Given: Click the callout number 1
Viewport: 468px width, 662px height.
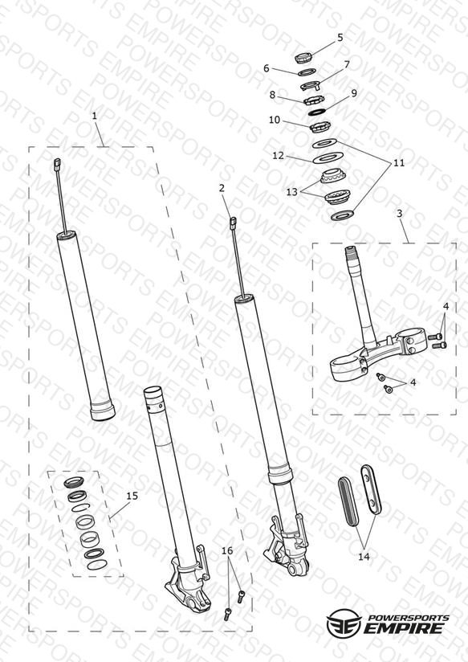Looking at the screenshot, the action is [x=95, y=116].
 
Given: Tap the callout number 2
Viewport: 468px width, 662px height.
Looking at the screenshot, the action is [x=222, y=188].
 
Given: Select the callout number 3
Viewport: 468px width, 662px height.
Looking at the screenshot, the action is [x=400, y=213].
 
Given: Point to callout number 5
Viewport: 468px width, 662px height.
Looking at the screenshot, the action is [x=340, y=38].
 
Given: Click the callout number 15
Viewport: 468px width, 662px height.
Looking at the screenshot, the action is [x=132, y=496].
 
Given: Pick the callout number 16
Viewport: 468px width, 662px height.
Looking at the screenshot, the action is [x=227, y=550].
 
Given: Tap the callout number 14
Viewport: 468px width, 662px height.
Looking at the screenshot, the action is [x=364, y=557].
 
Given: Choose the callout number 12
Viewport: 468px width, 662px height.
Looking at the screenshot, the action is [x=278, y=156].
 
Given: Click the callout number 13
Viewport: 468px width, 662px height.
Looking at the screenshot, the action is [x=292, y=192].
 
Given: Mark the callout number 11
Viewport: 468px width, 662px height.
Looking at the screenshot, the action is [x=399, y=163].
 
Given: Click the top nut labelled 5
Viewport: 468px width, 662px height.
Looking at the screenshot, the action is [x=303, y=57].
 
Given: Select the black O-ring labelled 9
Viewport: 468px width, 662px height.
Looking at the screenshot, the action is [x=317, y=112].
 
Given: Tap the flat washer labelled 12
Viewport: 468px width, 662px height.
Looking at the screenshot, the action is [x=328, y=158].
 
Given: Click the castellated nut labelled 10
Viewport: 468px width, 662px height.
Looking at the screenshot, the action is [x=320, y=126].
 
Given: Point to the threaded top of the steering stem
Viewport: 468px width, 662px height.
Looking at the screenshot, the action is [x=352, y=254].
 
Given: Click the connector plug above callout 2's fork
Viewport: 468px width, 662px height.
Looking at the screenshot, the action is [x=233, y=223].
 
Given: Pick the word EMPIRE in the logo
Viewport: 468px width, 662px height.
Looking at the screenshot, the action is [x=403, y=627].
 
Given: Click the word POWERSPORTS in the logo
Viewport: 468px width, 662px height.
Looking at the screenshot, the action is [x=409, y=618].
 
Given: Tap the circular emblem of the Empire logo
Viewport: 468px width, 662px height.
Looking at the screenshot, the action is [x=344, y=623].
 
